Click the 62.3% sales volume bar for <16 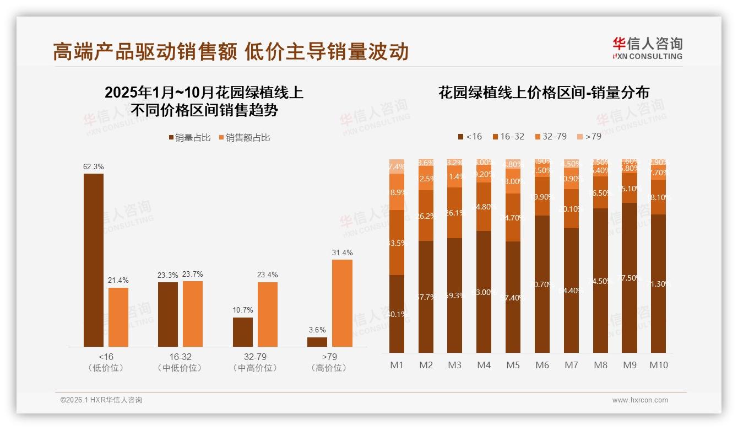[x=94, y=260]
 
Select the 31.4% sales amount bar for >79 [x=342, y=303]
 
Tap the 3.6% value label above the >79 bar [x=317, y=330]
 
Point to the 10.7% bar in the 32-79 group [x=243, y=332]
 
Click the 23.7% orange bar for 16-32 [x=193, y=314]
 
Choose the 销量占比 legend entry [x=189, y=138]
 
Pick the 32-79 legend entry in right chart [x=550, y=136]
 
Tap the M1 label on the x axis [x=397, y=365]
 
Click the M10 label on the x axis [x=658, y=365]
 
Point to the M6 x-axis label [x=542, y=365]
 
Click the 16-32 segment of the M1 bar [x=397, y=243]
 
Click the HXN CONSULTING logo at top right [x=647, y=48]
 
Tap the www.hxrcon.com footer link [x=640, y=400]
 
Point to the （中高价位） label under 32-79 [x=255, y=368]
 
